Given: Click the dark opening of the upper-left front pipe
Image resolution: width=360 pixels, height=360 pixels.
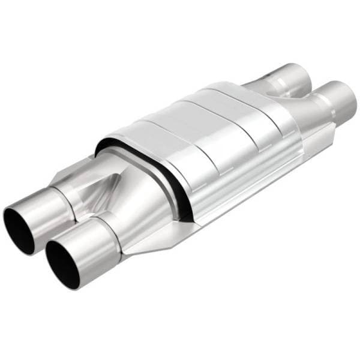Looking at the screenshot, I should [18, 224].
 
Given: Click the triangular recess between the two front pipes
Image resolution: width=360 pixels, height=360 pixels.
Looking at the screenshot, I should [87, 198].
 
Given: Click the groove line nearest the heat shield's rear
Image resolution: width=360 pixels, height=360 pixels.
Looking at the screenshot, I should [240, 111].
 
